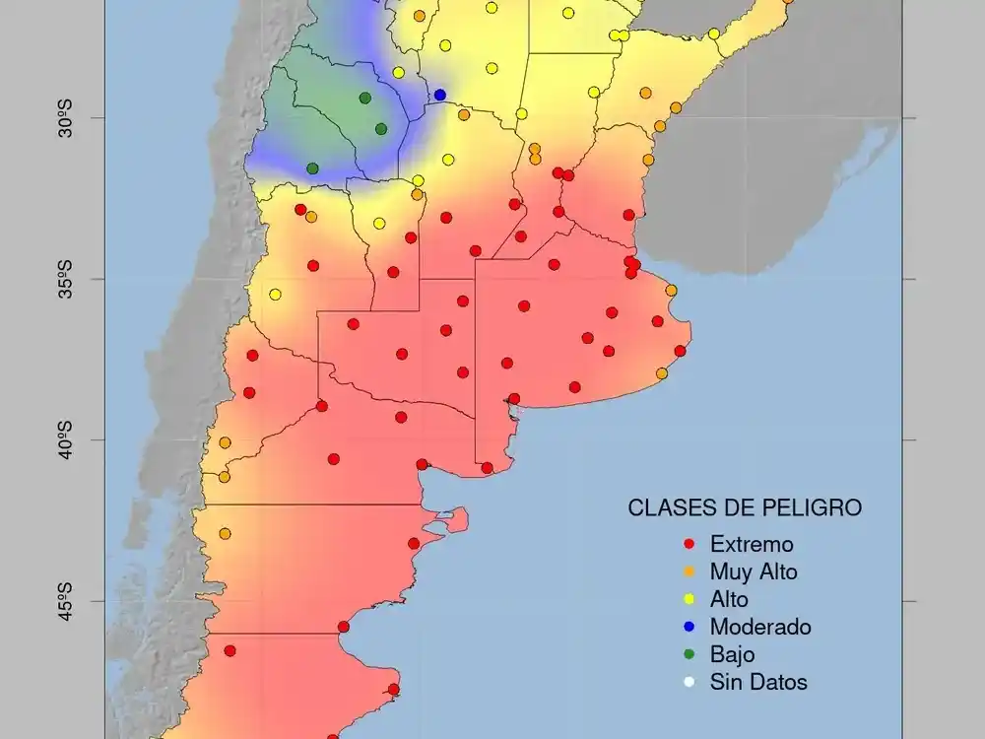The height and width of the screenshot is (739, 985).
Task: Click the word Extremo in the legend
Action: tap(751, 544)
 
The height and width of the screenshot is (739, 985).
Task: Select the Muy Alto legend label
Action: tap(754, 571)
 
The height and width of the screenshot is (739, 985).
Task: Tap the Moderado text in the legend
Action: tap(760, 627)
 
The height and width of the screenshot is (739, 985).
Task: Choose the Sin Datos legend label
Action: tap(758, 682)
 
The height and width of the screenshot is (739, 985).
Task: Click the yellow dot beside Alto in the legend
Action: tap(689, 599)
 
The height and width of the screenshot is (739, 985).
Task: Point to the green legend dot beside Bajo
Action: tap(689, 654)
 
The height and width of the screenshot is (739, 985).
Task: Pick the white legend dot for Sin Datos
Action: tap(689, 682)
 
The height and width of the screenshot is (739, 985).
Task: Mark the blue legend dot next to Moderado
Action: tap(689, 627)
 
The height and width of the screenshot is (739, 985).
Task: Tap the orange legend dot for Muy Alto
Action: tap(689, 571)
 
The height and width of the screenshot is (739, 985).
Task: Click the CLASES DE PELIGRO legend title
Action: tap(745, 508)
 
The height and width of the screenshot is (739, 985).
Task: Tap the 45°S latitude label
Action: tap(66, 601)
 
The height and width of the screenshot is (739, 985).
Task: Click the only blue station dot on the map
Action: tap(440, 95)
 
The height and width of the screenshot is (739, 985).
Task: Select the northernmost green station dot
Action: tap(364, 98)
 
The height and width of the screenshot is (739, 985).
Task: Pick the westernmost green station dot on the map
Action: tap(312, 168)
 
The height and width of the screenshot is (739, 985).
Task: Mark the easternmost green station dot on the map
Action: tap(381, 129)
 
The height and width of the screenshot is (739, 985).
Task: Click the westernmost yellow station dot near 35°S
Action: tap(275, 295)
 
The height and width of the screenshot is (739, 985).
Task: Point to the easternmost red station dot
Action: tap(680, 351)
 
